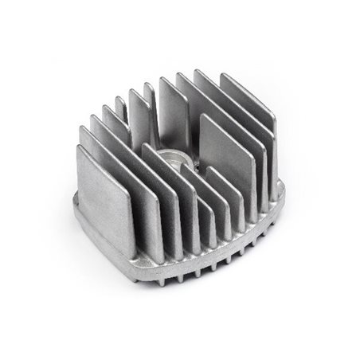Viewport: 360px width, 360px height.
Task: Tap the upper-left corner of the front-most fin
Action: pyautogui.click(x=80, y=150)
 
